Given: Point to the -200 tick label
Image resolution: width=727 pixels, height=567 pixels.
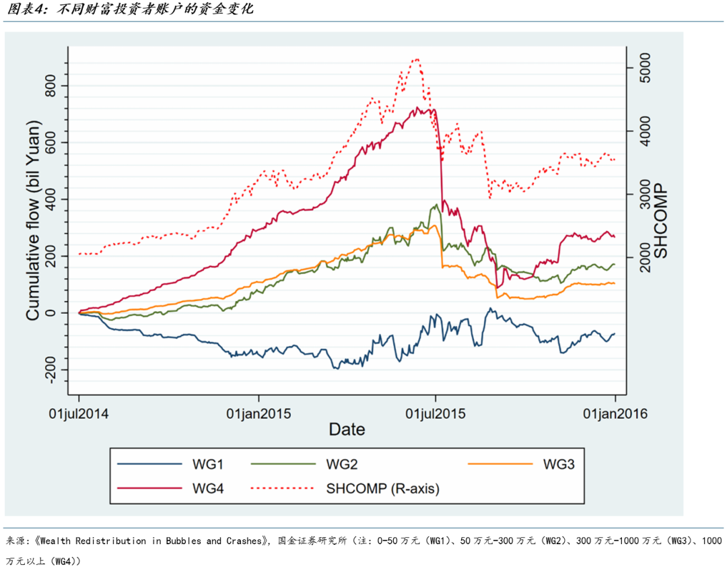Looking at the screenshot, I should click(x=53, y=370).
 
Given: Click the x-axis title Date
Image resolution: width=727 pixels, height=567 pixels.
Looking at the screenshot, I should click(x=347, y=429).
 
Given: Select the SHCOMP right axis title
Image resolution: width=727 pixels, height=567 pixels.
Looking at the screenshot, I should click(x=662, y=220).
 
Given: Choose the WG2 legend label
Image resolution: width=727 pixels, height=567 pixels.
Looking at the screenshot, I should click(x=341, y=464).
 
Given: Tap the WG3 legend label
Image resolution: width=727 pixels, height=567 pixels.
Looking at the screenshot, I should click(x=558, y=464).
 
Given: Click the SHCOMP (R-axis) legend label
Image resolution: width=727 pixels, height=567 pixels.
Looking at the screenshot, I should click(x=382, y=488).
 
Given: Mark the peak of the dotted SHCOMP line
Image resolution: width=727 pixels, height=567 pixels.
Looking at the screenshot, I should click(x=417, y=59).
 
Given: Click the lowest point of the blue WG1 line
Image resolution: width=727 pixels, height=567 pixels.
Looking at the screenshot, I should click(x=335, y=368).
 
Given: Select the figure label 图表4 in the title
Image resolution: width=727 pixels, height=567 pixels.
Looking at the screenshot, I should click(x=24, y=10).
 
